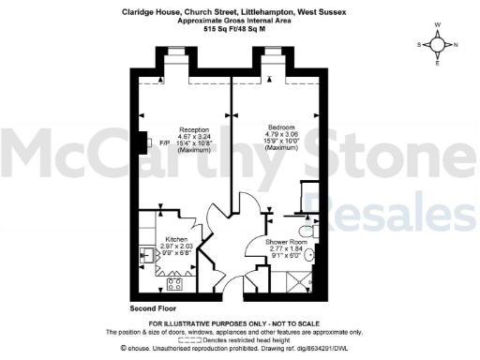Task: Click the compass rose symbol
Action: [x=438, y=43]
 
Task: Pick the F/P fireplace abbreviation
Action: [x=165, y=142]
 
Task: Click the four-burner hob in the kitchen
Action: [x=174, y=282]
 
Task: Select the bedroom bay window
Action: [x=277, y=66]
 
